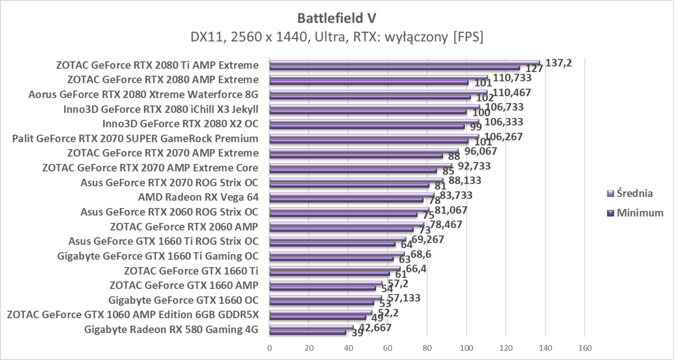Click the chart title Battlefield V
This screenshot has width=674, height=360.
[x=337, y=18]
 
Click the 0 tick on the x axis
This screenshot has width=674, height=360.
[x=270, y=347]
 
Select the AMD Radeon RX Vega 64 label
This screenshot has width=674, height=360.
[x=198, y=197]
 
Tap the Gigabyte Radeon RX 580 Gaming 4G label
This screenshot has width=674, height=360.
[x=171, y=330]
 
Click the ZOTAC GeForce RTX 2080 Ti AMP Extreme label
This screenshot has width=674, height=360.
[x=157, y=65]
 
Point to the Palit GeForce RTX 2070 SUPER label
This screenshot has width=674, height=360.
[x=135, y=139]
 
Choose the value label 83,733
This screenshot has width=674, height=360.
[x=453, y=195]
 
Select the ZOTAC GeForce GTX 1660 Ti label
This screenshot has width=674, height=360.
[x=191, y=270]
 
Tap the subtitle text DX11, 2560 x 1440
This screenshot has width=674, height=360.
[x=337, y=37]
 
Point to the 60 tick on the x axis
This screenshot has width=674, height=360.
[x=388, y=347]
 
